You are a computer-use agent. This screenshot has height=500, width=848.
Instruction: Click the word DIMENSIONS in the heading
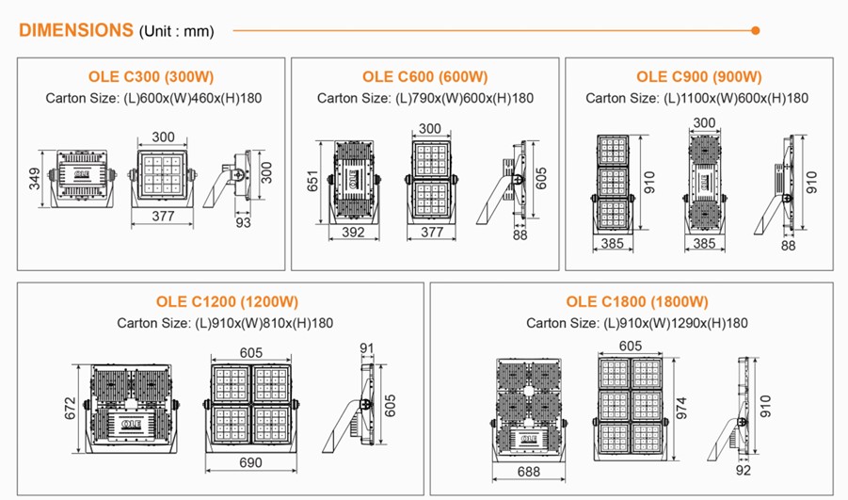pos(75,30)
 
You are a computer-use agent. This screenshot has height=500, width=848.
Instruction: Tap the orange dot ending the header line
pos(756,30)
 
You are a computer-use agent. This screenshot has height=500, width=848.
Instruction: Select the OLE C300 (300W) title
pos(151,77)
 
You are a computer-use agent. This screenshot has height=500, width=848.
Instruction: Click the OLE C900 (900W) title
pos(698,77)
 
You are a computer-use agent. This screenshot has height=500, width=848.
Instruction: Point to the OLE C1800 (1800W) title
pos(637,301)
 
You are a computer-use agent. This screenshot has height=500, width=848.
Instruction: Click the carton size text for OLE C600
pos(425,99)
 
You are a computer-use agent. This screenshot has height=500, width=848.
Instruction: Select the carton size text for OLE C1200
pos(225,323)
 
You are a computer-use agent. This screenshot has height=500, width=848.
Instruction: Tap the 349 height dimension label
pos(34,179)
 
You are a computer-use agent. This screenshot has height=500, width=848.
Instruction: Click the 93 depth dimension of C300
pos(244,222)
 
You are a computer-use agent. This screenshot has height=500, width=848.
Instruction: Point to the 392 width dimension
pos(353,233)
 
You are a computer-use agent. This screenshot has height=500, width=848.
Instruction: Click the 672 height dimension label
pos(71,409)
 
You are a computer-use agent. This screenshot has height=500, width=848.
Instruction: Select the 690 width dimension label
pos(250,462)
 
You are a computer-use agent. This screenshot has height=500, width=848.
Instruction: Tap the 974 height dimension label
pos(681,408)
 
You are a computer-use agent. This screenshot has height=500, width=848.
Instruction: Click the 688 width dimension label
pos(528,472)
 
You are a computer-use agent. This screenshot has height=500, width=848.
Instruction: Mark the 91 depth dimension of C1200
pos(367,348)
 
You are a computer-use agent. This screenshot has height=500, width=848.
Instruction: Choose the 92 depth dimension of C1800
pos(744,470)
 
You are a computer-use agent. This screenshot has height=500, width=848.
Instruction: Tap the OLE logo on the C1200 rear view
pos(132,423)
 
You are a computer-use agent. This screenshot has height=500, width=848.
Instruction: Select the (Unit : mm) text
pos(177,31)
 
